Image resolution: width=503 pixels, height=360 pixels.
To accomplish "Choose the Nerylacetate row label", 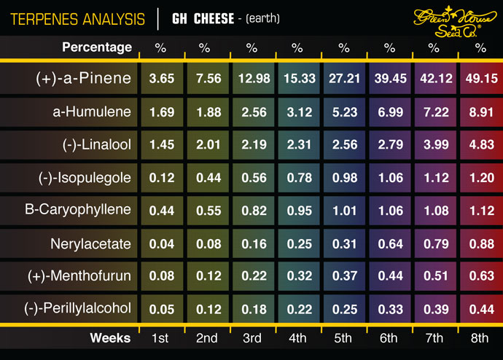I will pyautogui.click(x=90, y=243).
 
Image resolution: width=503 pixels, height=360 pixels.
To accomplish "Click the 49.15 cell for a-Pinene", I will pyautogui.click(x=480, y=79).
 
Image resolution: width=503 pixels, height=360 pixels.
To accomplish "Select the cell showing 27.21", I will pyautogui.click(x=343, y=79).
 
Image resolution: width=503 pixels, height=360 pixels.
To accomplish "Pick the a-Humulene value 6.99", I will pyautogui.click(x=389, y=112).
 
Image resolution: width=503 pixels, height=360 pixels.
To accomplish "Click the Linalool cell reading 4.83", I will pyautogui.click(x=480, y=145).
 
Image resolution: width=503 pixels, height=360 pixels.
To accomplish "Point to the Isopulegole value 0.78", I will pyautogui.click(x=297, y=178).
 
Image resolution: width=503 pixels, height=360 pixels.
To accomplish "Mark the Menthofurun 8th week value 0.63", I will pyautogui.click(x=480, y=275).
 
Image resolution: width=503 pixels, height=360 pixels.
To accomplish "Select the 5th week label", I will pyautogui.click(x=343, y=338).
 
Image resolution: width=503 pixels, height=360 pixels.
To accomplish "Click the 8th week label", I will pyautogui.click(x=480, y=338).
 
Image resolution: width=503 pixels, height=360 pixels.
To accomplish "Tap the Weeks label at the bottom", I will pyautogui.click(x=110, y=338).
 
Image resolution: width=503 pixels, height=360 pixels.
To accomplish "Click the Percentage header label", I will pyautogui.click(x=97, y=47).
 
